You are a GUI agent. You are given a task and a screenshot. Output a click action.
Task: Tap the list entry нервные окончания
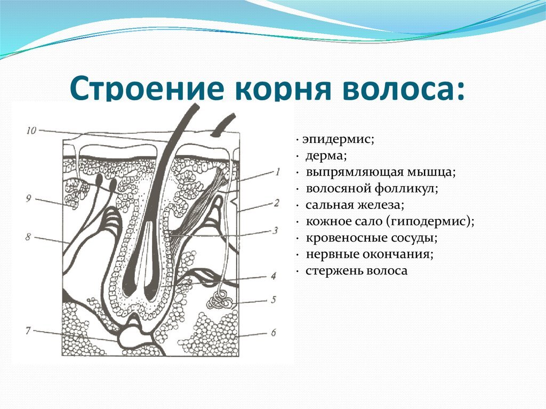click(x=370, y=254)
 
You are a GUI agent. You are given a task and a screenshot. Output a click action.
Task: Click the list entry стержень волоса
click(x=357, y=271)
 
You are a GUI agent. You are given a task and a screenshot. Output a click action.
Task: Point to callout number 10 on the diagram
click(x=31, y=130)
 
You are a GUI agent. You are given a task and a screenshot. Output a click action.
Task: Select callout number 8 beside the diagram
click(x=28, y=237)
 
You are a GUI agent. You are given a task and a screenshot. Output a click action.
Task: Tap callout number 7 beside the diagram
click(x=28, y=331)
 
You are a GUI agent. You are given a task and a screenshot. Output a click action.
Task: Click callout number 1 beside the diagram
click(x=278, y=172)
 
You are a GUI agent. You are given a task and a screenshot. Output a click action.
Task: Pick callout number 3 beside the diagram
click(x=275, y=230)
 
